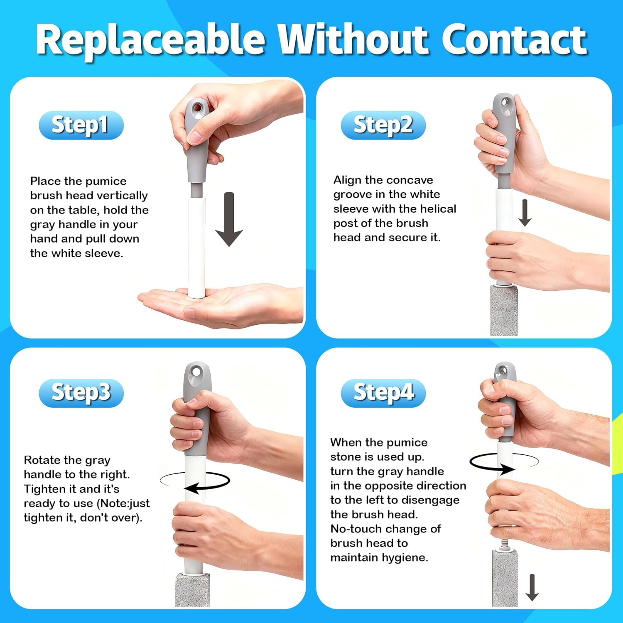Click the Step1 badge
81,125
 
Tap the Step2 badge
383,125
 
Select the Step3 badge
81,393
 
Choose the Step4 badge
383,393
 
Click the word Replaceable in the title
150,40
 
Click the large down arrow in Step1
229,219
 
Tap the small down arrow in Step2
525,213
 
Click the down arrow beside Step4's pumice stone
532,587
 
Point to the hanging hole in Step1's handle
197,108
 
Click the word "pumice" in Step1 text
106,182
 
